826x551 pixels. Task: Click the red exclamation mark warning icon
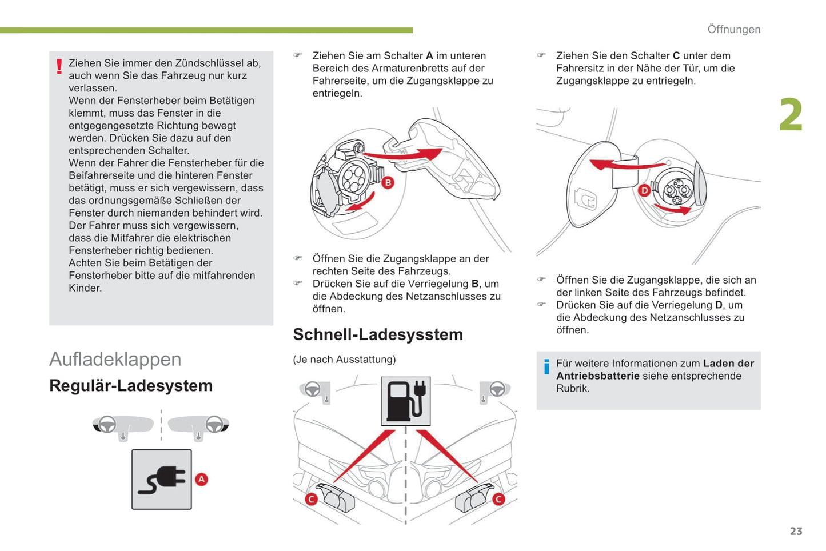[59, 67]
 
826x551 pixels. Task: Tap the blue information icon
[546, 366]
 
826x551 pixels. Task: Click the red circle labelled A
[201, 479]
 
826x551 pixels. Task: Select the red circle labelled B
[388, 183]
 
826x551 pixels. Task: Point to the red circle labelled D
[644, 190]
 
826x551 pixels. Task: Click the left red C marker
[311, 499]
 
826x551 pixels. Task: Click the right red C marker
[498, 499]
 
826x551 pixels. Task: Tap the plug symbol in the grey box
[162, 480]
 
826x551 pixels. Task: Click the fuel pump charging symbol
[405, 401]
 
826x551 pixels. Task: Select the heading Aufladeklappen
[115, 359]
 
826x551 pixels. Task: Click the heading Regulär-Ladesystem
[131, 386]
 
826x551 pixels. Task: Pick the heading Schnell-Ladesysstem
[378, 334]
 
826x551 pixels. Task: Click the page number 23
[796, 531]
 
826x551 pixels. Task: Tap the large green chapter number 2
[791, 115]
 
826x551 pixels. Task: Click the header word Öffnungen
[733, 29]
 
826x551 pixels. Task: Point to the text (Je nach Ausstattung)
[344, 360]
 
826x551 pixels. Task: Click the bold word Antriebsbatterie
[597, 376]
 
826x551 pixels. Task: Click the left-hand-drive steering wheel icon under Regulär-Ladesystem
[107, 425]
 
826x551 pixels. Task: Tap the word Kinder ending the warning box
[85, 288]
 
